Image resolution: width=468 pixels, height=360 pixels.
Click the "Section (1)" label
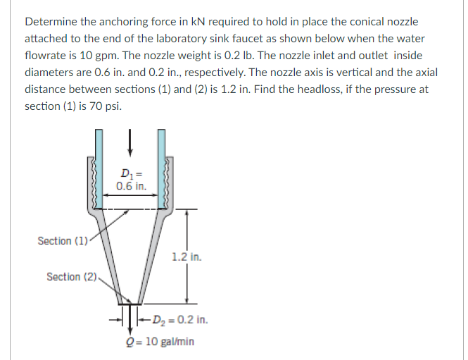pyautogui.click(x=62, y=241)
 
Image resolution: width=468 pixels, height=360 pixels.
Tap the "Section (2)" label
pyautogui.click(x=72, y=276)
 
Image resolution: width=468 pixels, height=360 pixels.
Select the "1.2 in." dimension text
pyautogui.click(x=186, y=256)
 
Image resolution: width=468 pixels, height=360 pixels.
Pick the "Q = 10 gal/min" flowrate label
pyautogui.click(x=159, y=341)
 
